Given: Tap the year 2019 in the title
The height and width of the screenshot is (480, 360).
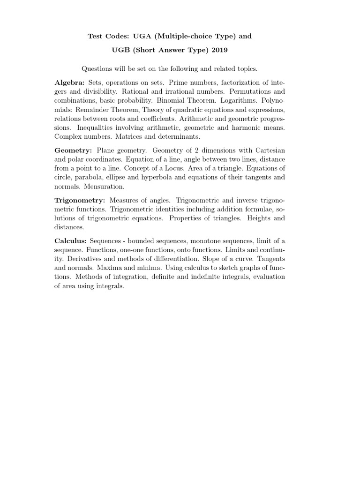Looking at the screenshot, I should [x=221, y=50].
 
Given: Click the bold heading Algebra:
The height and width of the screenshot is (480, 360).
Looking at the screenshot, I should [x=70, y=82].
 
